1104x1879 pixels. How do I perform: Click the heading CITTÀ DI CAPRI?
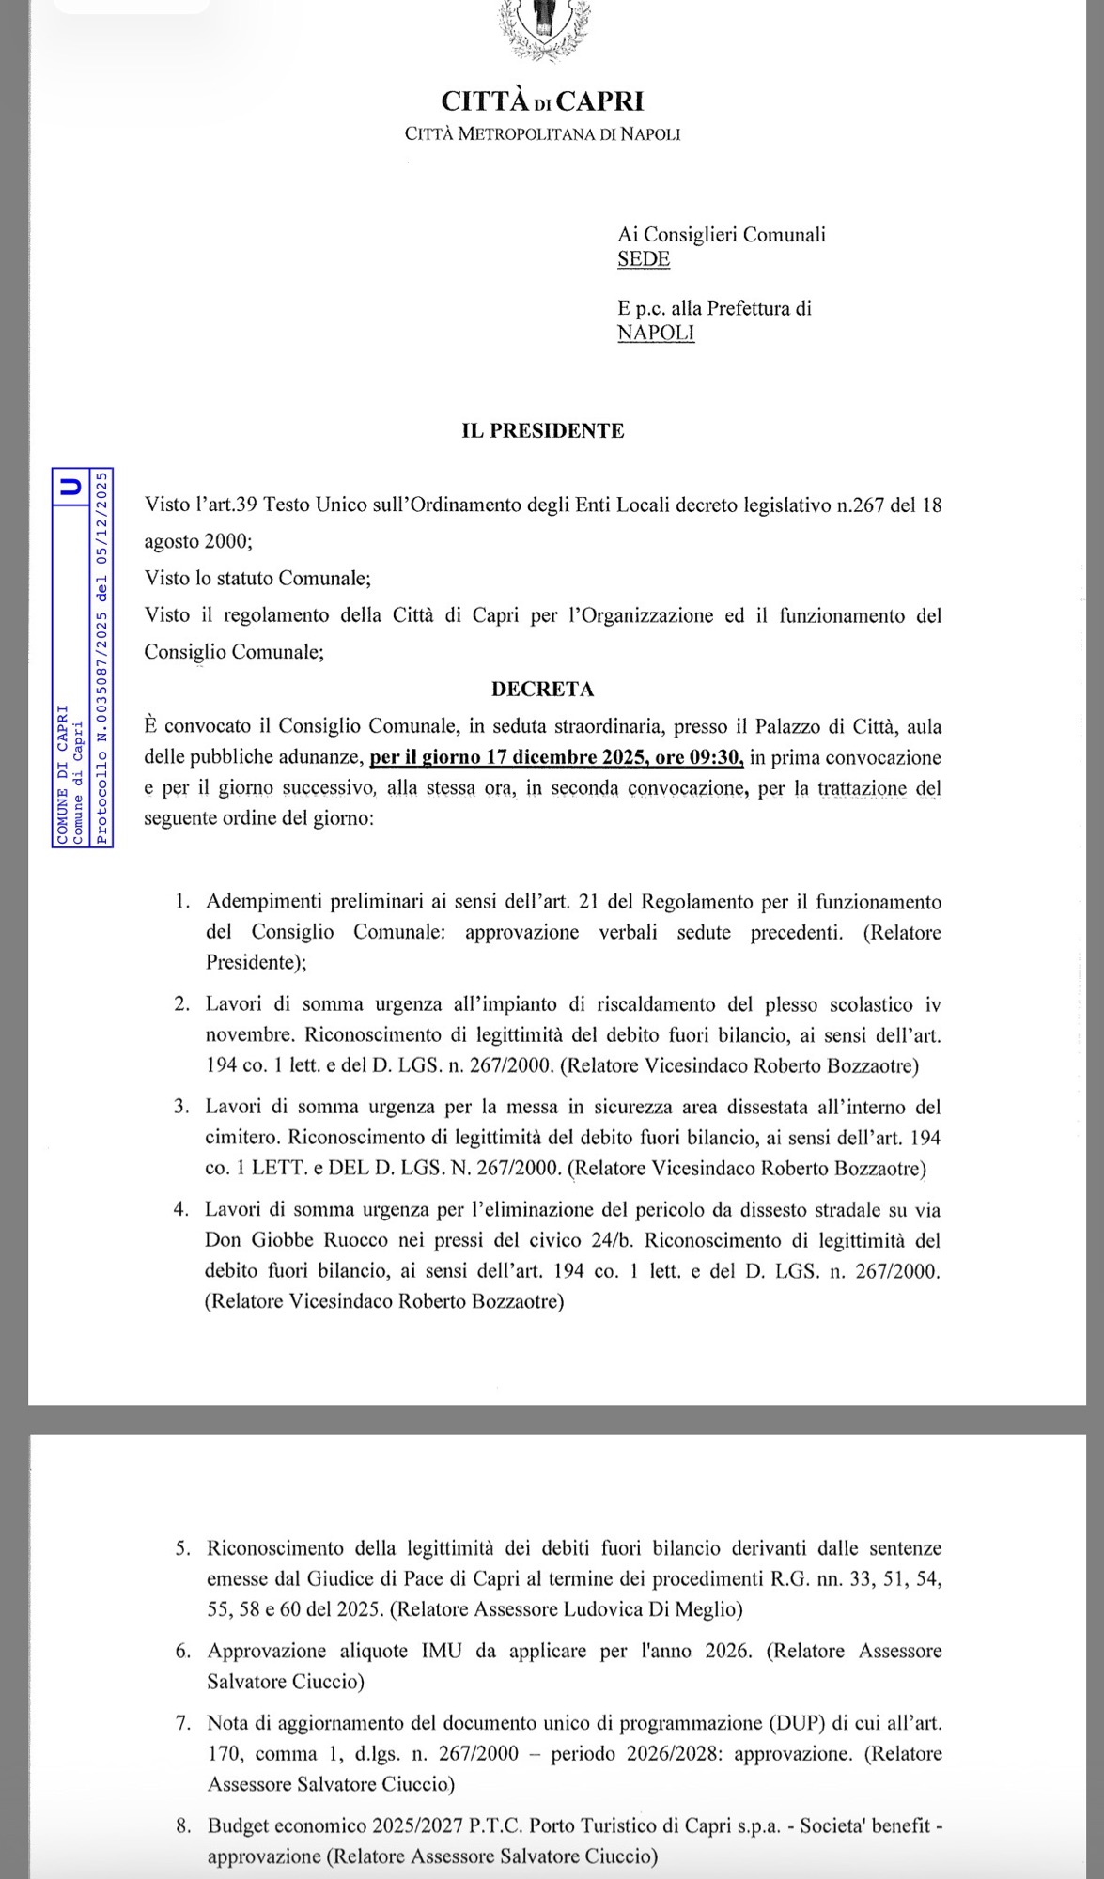542,101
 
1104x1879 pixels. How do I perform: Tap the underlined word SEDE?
644,259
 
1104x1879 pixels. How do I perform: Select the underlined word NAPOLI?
656,333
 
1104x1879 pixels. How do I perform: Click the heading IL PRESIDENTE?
542,431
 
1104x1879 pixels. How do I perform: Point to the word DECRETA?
542,690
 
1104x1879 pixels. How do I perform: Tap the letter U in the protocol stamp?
70,486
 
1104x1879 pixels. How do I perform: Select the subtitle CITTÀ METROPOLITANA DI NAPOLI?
542,134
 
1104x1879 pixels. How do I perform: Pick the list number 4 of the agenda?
181,1210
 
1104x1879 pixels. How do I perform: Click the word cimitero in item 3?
241,1138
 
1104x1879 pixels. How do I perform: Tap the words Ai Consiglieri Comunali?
722,235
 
